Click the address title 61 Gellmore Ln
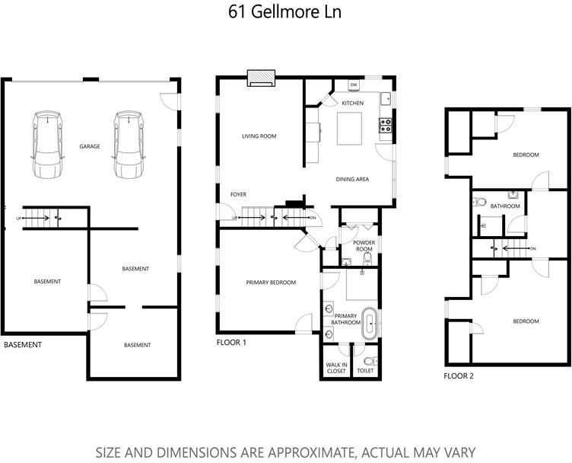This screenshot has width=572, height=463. pos(285,12)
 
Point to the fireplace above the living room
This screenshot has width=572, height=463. pos(261,79)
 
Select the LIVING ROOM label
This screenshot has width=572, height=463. pos(259,136)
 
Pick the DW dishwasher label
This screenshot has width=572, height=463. pos(354,85)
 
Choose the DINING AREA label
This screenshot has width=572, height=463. pos(352,179)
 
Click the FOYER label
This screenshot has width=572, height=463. pos(238,194)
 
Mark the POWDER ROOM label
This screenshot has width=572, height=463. pos(364,246)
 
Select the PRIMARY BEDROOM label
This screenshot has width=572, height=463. pos(271,283)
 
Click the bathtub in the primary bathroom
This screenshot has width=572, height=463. pos(370,324)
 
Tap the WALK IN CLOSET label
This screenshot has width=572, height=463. pos(335,369)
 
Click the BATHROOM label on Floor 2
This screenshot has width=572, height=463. pos(504,206)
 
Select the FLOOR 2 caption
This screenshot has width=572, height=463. pos(459,376)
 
